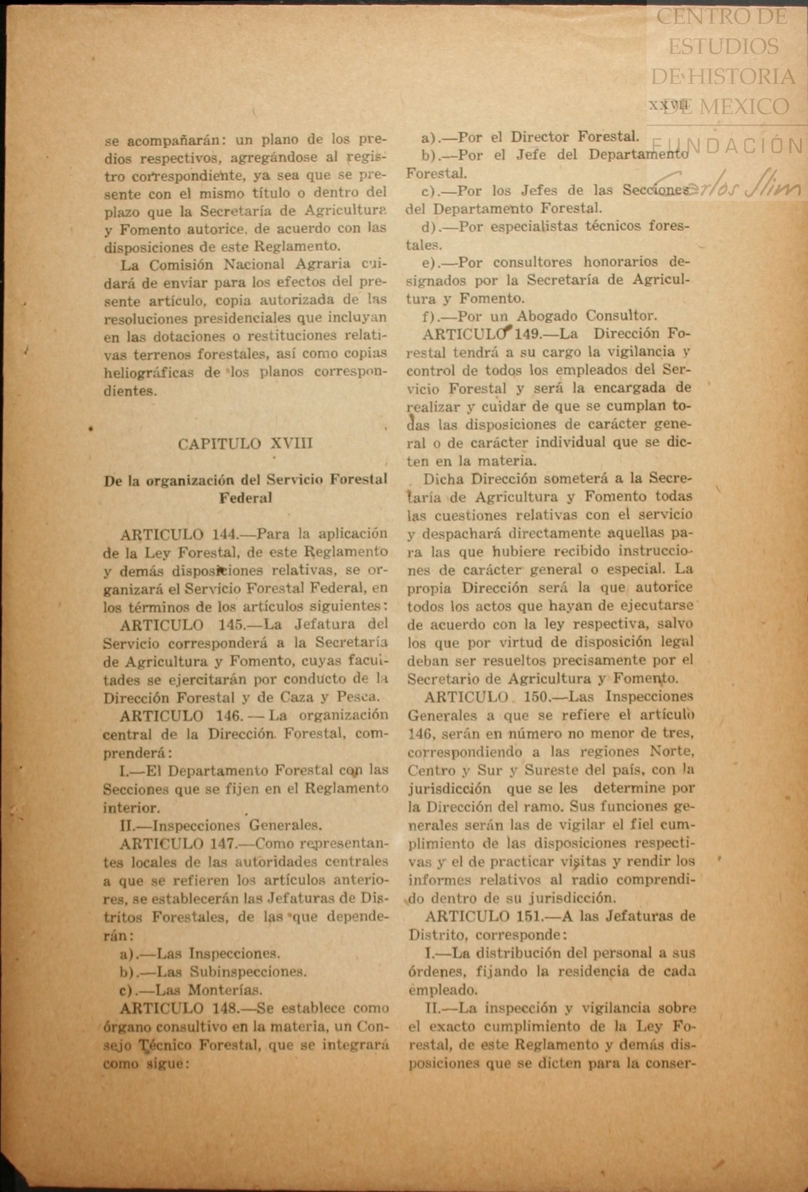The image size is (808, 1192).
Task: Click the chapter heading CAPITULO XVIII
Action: point(245,444)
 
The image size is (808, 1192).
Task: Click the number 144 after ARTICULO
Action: point(224,534)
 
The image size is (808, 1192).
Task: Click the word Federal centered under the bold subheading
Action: point(245,498)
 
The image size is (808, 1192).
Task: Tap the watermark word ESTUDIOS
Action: point(723,46)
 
